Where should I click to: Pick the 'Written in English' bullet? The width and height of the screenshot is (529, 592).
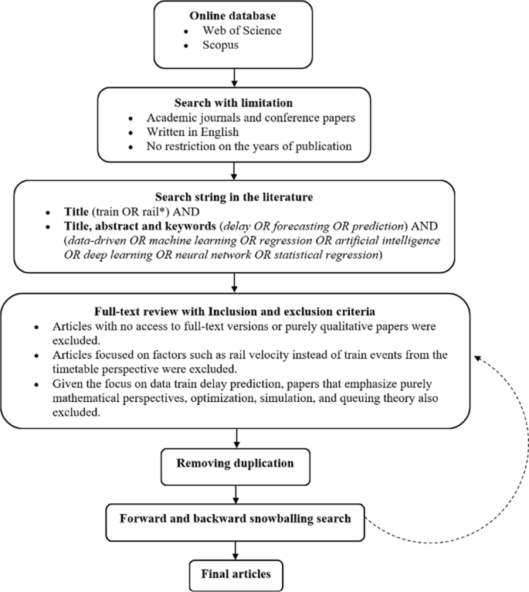pos(193,131)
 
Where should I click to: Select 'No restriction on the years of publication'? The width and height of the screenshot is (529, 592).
pos(248,145)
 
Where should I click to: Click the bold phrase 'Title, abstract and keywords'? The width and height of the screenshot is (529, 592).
pos(142,226)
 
